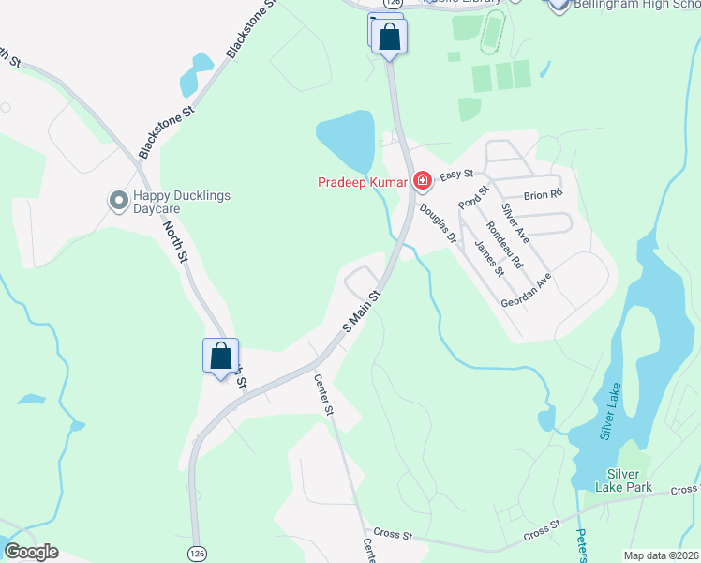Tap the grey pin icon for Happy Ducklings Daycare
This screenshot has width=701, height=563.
click(118, 201)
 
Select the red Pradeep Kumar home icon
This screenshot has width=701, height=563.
click(423, 179)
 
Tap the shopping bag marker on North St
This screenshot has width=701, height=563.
click(220, 357)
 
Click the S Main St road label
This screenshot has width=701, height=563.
click(362, 310)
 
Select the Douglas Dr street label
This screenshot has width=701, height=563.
click(438, 224)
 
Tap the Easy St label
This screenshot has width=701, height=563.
click(457, 175)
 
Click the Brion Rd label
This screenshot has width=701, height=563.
click(543, 195)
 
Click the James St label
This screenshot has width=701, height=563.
click(489, 258)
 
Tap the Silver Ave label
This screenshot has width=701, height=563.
click(515, 223)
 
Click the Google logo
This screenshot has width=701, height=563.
click(31, 551)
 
